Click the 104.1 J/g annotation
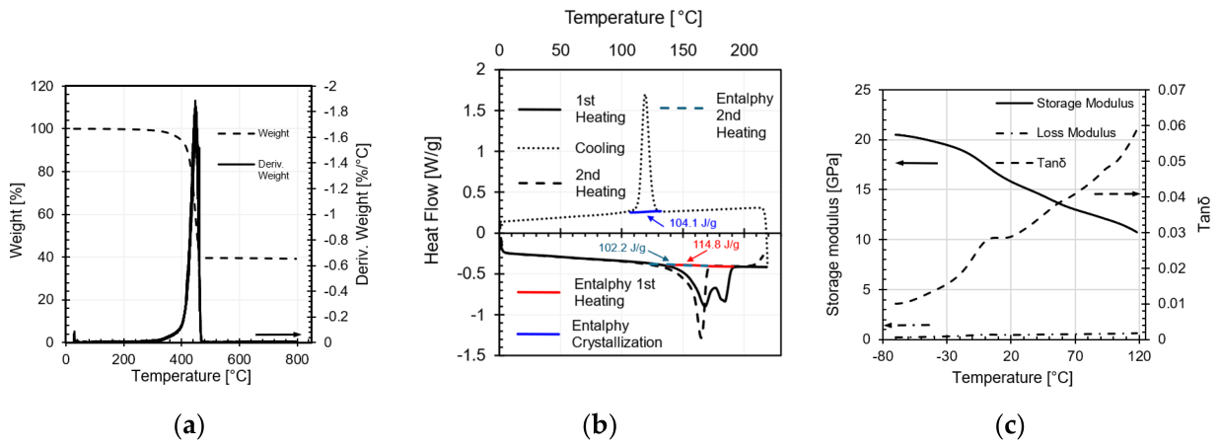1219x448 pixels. pyautogui.click(x=692, y=223)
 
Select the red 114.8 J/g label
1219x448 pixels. pyautogui.click(x=716, y=245)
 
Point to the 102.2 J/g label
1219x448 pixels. pyautogui.click(x=622, y=249)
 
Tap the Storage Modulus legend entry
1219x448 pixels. pyautogui.click(x=1064, y=103)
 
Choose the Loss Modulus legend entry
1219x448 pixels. pyautogui.click(x=1055, y=133)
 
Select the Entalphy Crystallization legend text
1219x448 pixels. pyautogui.click(x=616, y=334)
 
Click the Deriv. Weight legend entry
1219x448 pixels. pyautogui.click(x=253, y=170)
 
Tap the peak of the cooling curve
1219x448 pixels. pyautogui.click(x=645, y=95)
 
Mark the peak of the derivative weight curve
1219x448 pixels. pyautogui.click(x=195, y=101)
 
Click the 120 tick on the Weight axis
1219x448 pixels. pyautogui.click(x=41, y=86)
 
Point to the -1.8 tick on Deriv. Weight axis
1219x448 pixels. pyautogui.click(x=336, y=112)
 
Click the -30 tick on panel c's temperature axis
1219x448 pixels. pyautogui.click(x=947, y=356)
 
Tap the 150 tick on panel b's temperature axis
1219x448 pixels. pyautogui.click(x=683, y=50)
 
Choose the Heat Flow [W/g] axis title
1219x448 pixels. pyautogui.click(x=432, y=201)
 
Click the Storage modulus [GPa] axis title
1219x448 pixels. pyautogui.click(x=832, y=235)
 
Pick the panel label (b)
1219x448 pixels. pyautogui.click(x=600, y=425)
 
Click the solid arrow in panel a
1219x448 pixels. pyautogui.click(x=278, y=335)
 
